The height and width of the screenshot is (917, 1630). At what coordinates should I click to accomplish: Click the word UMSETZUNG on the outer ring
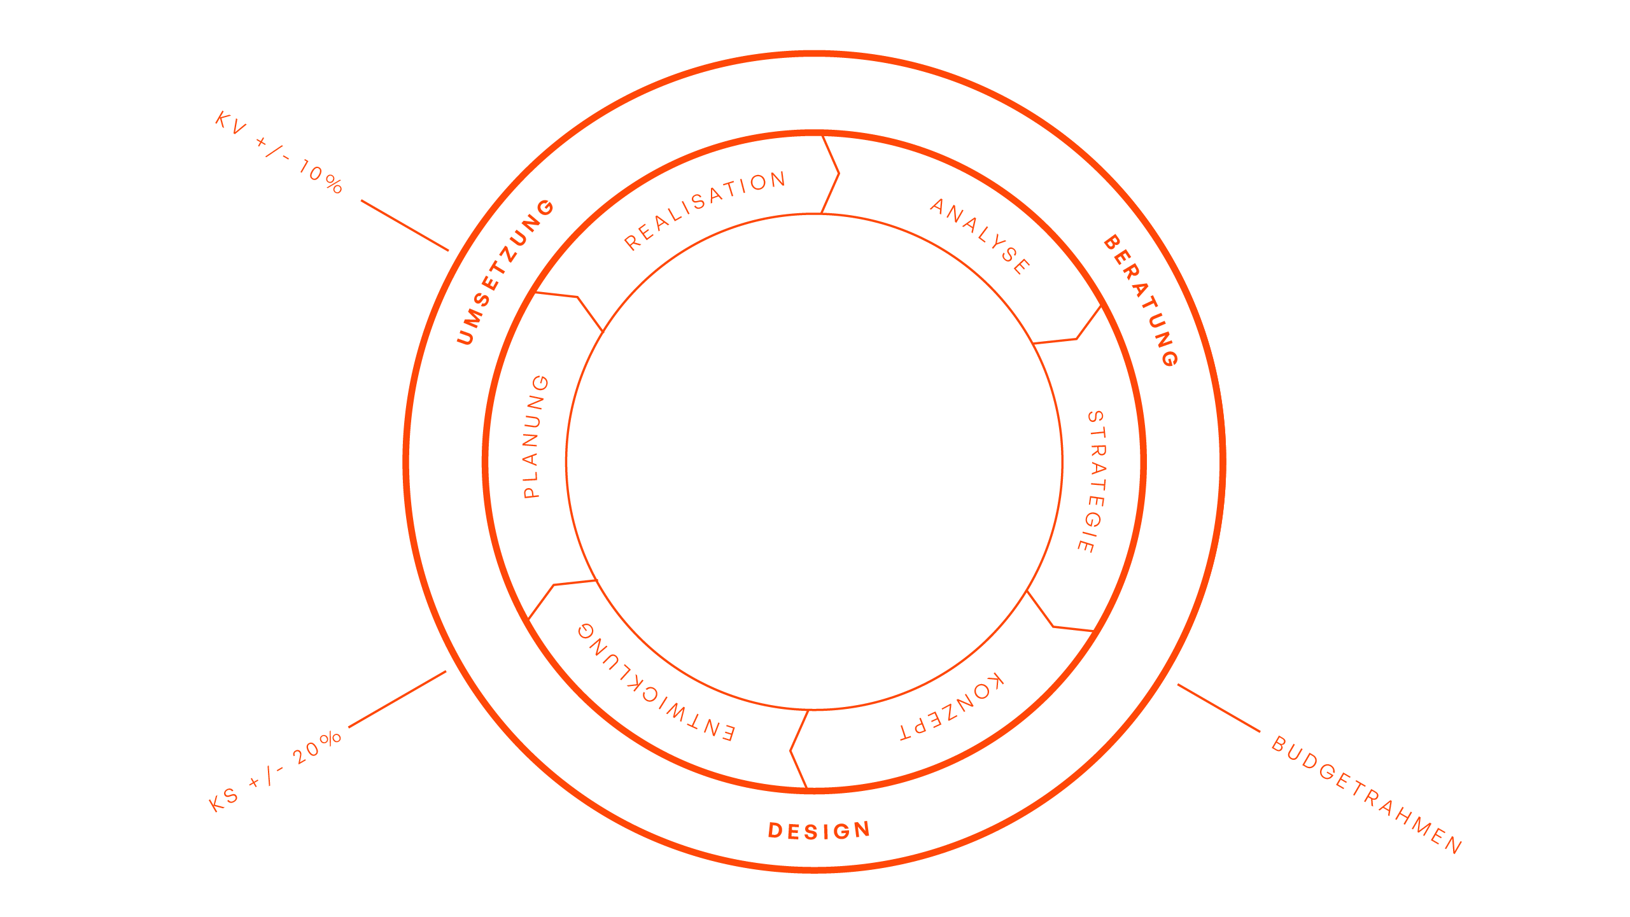[x=505, y=272]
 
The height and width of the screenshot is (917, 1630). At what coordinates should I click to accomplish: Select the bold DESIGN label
[x=819, y=831]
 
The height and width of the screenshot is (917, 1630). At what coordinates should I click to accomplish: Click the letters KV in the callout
[x=230, y=123]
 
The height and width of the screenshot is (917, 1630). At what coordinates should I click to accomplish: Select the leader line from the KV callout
[x=405, y=225]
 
